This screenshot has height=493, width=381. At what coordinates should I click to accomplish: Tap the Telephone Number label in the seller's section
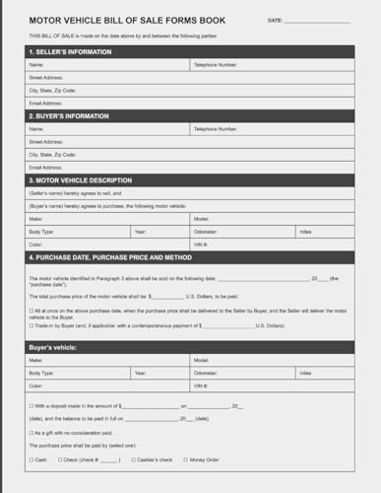(216, 65)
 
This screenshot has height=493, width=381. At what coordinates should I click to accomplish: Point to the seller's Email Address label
(46, 103)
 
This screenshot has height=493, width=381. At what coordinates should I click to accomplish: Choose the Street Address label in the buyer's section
(46, 141)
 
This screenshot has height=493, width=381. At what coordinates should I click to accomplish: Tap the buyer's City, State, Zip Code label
(53, 154)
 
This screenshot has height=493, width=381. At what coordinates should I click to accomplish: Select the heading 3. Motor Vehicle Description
(83, 180)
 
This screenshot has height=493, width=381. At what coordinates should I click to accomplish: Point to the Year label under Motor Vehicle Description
(141, 231)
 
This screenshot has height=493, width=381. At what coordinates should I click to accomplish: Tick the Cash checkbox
(32, 458)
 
